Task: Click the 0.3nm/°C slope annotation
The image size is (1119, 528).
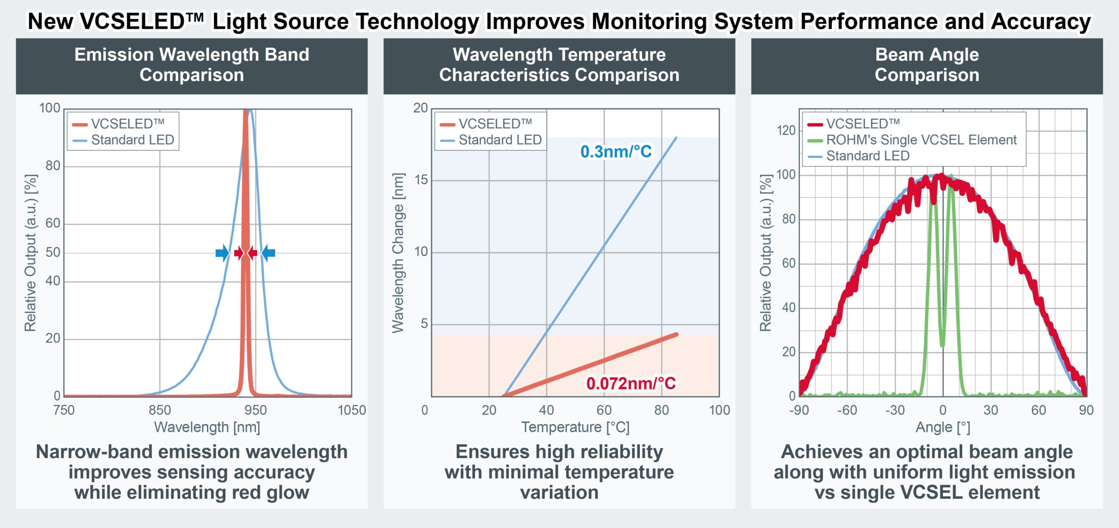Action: pos(615,151)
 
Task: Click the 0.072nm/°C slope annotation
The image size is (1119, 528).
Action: pos(631,383)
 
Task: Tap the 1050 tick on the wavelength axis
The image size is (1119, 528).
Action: pos(351,410)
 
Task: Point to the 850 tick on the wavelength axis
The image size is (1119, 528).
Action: pos(160,410)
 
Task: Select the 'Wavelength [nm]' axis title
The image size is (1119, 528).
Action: pos(207,427)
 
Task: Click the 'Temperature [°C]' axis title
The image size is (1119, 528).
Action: pos(575,427)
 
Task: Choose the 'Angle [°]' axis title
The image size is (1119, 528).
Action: pos(943,427)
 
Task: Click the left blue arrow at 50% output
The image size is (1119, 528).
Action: pos(222,253)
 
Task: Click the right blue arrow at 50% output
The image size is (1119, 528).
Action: pos(268,253)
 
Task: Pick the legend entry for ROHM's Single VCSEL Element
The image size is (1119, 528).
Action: pos(921,140)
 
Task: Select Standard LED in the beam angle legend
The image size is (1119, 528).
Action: pos(867,156)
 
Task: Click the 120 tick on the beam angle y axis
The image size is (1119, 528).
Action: pos(786,130)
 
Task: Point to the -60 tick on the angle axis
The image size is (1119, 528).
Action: pos(847,410)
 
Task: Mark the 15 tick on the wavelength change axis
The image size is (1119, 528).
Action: pos(420,180)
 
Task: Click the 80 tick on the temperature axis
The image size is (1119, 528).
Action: pos(661,410)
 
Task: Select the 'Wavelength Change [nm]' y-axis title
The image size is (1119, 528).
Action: pos(397,253)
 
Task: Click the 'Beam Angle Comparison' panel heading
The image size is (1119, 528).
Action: pos(927,65)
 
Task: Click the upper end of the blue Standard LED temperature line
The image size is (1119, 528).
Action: pos(676,138)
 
